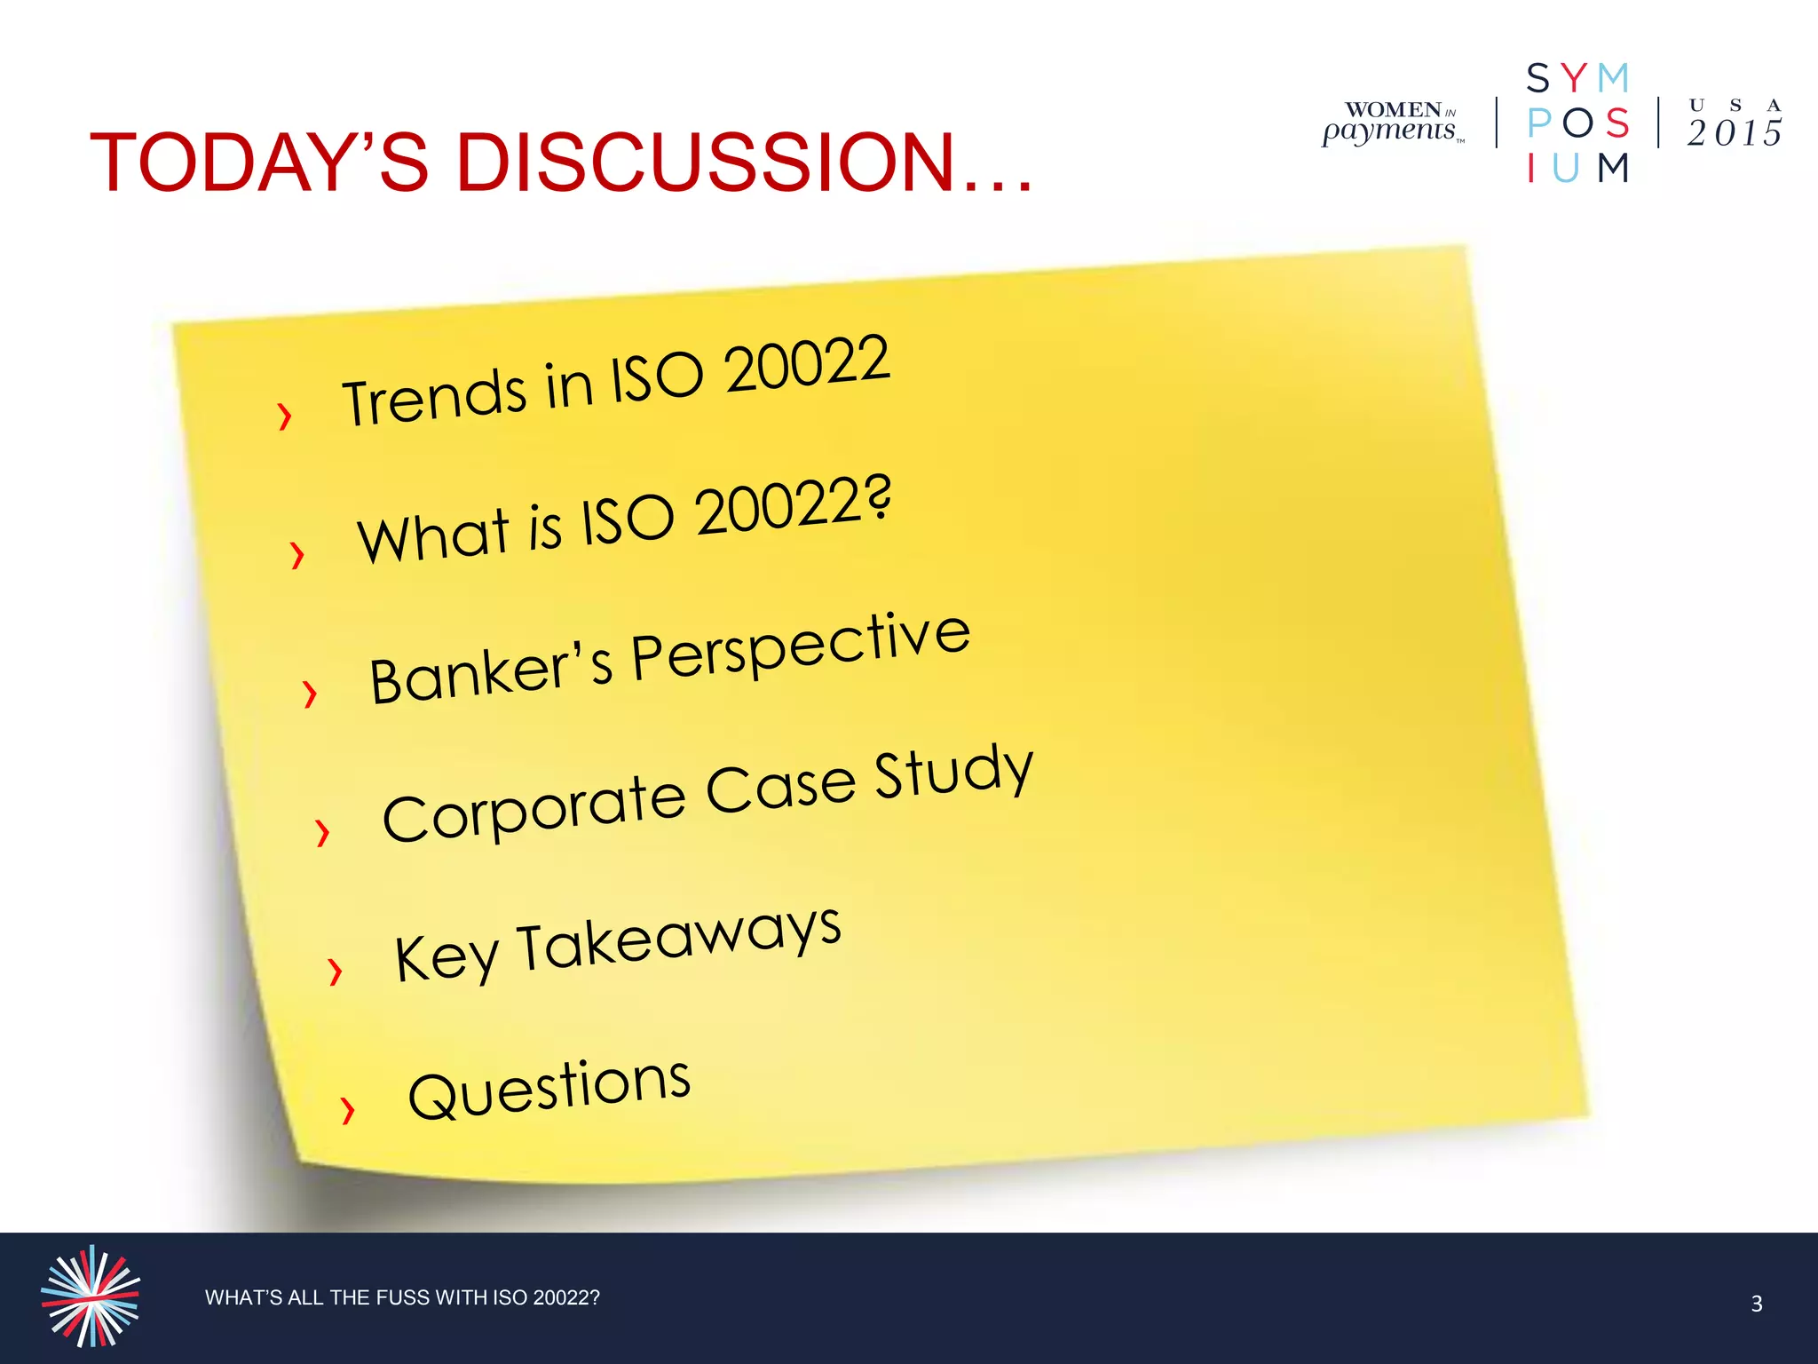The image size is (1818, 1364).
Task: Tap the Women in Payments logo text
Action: [x=1391, y=123]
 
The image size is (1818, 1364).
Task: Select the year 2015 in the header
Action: [x=1734, y=133]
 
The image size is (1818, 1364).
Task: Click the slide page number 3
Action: [x=1756, y=1304]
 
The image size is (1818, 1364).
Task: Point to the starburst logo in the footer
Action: [x=91, y=1296]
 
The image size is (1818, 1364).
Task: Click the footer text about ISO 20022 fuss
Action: [x=402, y=1297]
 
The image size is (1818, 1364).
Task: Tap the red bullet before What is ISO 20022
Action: [x=297, y=554]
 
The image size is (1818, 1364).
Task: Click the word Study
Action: [x=954, y=772]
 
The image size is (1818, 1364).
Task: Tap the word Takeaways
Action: [x=679, y=940]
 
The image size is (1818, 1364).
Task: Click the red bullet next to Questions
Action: [x=348, y=1109]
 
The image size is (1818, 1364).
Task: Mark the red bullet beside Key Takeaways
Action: [x=335, y=971]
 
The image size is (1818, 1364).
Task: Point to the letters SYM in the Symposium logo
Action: [x=1577, y=79]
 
